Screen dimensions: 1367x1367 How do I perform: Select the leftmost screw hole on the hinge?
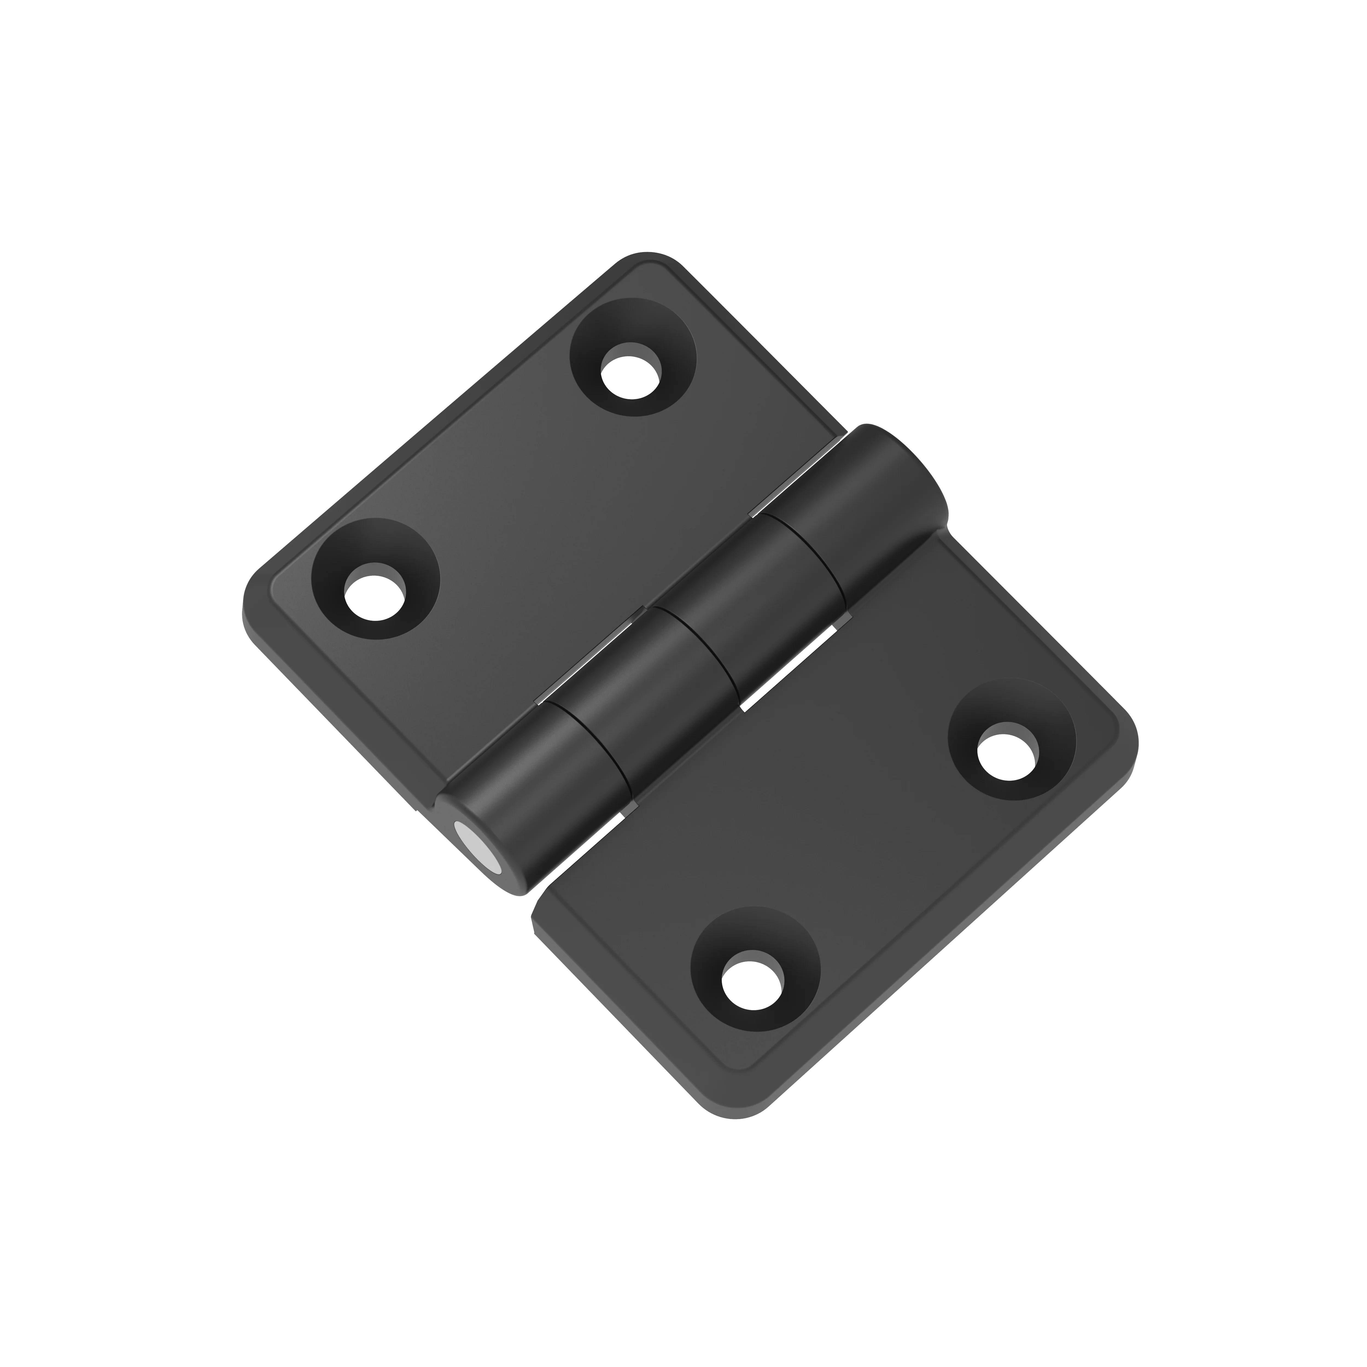pos(375,591)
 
